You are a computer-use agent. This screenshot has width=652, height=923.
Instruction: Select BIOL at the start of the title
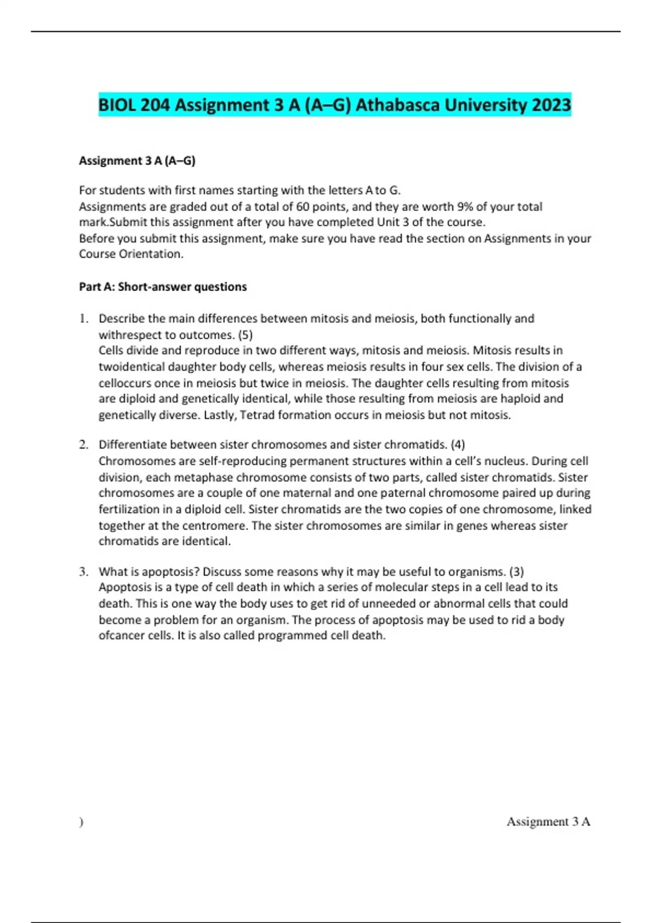point(117,105)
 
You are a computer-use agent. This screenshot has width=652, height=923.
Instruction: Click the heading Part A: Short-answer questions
point(163,287)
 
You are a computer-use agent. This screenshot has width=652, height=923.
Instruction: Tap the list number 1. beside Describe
point(84,319)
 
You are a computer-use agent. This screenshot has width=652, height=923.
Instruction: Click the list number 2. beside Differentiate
point(84,445)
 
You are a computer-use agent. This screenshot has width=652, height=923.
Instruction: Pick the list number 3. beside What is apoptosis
point(84,572)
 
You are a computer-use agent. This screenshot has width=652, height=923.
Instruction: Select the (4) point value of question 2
point(457,445)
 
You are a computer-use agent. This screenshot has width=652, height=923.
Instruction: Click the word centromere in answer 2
point(215,526)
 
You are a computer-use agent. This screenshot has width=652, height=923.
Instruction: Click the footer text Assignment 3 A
point(548,822)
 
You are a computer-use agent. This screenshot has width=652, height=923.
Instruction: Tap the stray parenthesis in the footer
point(81,823)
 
